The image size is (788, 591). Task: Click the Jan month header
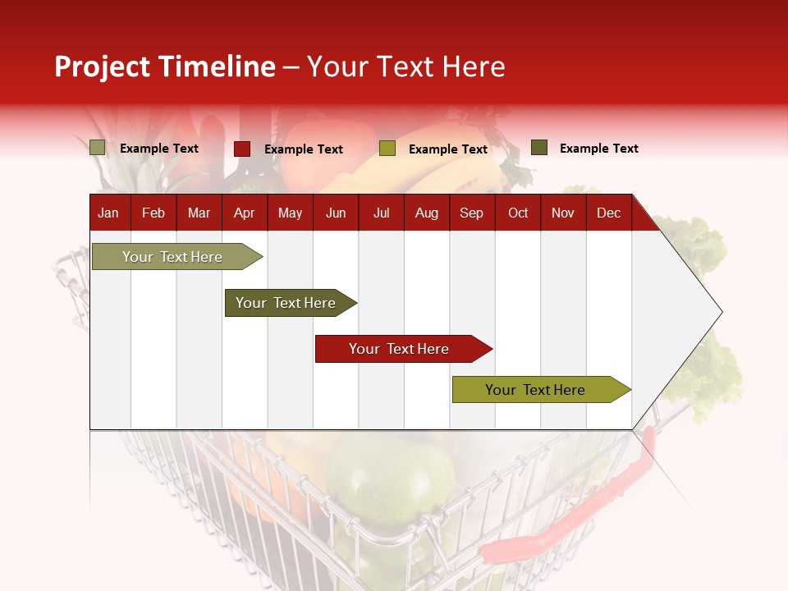coord(108,213)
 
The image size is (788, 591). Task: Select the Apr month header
coord(244,213)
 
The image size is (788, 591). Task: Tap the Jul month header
coord(381,213)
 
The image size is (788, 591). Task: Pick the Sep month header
coord(471,213)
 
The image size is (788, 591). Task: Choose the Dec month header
coord(608,213)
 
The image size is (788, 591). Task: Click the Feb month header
coord(153,213)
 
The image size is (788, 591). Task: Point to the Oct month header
coord(518,213)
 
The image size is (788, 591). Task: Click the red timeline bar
coord(399,349)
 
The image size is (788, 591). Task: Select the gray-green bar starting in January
coord(172,257)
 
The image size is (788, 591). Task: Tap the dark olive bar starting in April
coord(286,303)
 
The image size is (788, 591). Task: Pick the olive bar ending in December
coord(535,390)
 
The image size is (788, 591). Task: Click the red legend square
coord(242,149)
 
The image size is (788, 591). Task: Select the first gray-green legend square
coord(97,148)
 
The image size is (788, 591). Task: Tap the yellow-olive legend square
coord(387,149)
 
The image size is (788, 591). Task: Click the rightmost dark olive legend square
coord(539,148)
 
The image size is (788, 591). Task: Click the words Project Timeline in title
coord(164,66)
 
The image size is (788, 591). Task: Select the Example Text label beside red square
coord(303,149)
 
